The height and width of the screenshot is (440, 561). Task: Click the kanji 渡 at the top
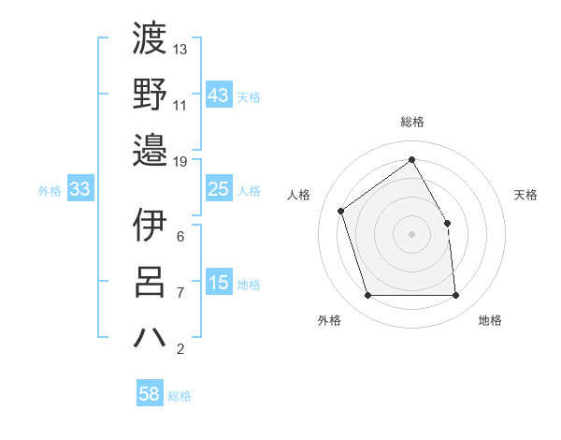click(150, 39)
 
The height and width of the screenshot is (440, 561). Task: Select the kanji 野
click(150, 94)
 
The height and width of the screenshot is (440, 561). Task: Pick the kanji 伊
click(150, 225)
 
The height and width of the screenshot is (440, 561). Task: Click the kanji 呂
click(150, 281)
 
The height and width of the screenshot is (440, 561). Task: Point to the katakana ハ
click(150, 336)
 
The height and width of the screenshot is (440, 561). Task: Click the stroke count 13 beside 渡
click(180, 49)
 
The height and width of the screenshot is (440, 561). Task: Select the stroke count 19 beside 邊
click(180, 161)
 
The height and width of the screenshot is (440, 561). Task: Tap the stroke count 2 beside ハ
click(180, 349)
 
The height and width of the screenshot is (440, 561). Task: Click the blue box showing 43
click(218, 95)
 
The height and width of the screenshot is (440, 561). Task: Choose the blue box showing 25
click(218, 189)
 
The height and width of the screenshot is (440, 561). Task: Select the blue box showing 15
click(218, 283)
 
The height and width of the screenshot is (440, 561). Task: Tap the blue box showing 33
click(79, 189)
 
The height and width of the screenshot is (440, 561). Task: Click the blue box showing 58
click(149, 394)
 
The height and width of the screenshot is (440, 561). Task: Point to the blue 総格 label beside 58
click(180, 396)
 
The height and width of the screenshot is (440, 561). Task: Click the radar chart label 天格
click(526, 195)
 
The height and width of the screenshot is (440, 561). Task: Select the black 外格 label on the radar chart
click(329, 321)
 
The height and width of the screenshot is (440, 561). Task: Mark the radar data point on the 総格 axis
click(411, 159)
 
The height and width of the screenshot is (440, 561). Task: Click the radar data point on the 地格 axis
click(455, 296)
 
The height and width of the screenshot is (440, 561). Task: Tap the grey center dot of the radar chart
click(411, 233)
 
